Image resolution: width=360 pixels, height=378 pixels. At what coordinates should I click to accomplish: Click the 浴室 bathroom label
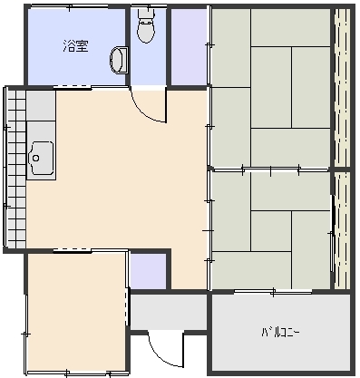pyautogui.click(x=75, y=46)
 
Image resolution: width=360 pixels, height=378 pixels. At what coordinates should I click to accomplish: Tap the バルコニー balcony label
pyautogui.click(x=280, y=333)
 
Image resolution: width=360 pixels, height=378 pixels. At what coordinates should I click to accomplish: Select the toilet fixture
pyautogui.click(x=147, y=25)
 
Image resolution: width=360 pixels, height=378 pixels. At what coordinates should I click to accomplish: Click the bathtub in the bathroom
pyautogui.click(x=119, y=60)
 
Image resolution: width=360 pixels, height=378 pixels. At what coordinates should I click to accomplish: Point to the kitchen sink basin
pyautogui.click(x=41, y=158)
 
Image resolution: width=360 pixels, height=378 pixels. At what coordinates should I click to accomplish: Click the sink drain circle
pyautogui.click(x=36, y=158)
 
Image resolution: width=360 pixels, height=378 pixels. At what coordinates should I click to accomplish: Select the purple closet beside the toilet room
pyautogui.click(x=189, y=47)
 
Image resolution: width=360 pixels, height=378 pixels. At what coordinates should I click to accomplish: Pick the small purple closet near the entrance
pyautogui.click(x=148, y=271)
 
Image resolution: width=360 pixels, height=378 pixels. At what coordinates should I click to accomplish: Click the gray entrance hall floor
pyautogui.click(x=169, y=312)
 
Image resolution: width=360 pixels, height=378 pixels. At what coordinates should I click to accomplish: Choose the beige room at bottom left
pyautogui.click(x=77, y=312)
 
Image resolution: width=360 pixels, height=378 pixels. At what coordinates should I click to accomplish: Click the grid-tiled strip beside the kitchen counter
pyautogui.click(x=16, y=170)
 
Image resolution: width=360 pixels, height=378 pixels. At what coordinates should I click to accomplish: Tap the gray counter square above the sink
pyautogui.click(x=41, y=105)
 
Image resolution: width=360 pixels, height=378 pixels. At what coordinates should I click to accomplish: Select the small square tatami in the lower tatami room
pyautogui.click(x=271, y=231)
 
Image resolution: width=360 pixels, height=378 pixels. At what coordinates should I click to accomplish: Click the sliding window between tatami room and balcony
pyautogui.click(x=273, y=292)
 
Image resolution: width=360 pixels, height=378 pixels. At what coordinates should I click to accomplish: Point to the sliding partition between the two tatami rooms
pyautogui.click(x=270, y=170)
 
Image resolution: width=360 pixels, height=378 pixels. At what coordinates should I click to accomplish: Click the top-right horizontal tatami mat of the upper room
pyautogui.click(x=290, y=27)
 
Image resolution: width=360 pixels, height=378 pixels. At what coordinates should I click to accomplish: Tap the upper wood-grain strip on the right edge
pyautogui.click(x=343, y=88)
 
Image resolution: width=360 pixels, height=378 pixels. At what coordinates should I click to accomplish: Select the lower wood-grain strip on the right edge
pyautogui.click(x=343, y=231)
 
